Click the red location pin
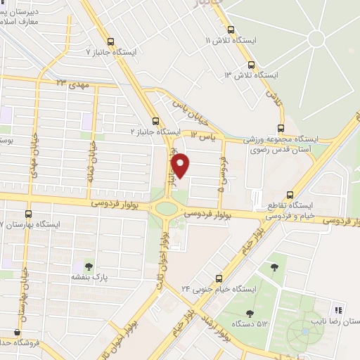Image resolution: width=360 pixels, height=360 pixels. tap(181, 165)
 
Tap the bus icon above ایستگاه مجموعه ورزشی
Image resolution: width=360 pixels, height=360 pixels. tap(281, 127)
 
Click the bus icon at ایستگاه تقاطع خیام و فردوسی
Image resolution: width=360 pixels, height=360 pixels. tap(290, 195)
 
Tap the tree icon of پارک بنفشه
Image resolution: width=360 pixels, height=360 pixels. tap(89, 265)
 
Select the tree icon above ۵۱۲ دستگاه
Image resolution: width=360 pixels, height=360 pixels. tap(250, 314)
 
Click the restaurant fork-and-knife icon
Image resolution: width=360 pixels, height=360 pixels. tap(337, 309)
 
